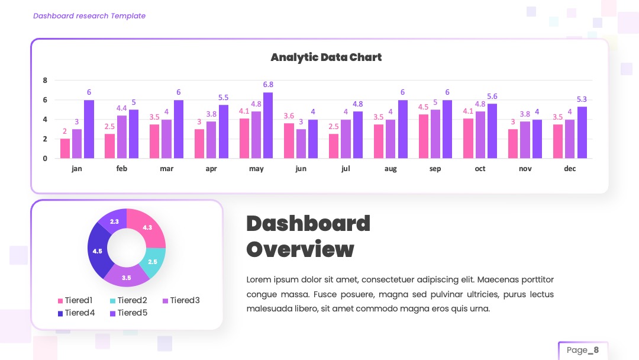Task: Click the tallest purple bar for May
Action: pyautogui.click(x=268, y=125)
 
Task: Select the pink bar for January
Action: pyautogui.click(x=65, y=149)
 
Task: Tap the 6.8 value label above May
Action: pyautogui.click(x=268, y=85)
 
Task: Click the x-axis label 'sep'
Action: pyautogui.click(x=435, y=169)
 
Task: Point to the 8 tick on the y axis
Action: pyautogui.click(x=45, y=81)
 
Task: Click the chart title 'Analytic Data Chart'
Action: pyautogui.click(x=326, y=57)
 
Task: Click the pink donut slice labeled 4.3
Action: pyautogui.click(x=147, y=227)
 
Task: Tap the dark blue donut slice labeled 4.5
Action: pyautogui.click(x=97, y=250)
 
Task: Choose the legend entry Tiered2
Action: pyautogui.click(x=128, y=300)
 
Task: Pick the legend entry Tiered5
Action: pyautogui.click(x=128, y=313)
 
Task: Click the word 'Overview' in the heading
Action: pyautogui.click(x=301, y=249)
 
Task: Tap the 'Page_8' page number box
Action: pyautogui.click(x=583, y=350)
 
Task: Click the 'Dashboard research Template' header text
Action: pyautogui.click(x=89, y=16)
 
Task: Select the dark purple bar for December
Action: pyautogui.click(x=582, y=133)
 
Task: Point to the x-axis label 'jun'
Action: pyautogui.click(x=301, y=169)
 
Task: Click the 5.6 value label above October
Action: pyautogui.click(x=492, y=97)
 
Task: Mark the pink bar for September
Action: pyautogui.click(x=424, y=136)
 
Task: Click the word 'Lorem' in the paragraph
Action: pyautogui.click(x=259, y=279)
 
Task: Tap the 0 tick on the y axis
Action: pyautogui.click(x=45, y=159)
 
